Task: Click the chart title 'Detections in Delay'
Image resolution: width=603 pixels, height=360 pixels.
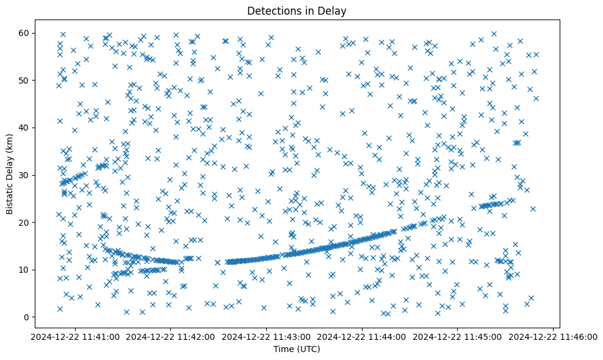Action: pos(296,10)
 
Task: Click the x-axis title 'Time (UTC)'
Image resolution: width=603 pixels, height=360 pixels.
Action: pos(296,349)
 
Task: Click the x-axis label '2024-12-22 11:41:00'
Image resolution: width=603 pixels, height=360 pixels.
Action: pos(75,336)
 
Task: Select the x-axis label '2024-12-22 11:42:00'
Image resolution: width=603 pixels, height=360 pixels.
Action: pos(171,336)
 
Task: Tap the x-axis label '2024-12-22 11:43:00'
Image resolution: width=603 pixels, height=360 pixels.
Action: pos(267,336)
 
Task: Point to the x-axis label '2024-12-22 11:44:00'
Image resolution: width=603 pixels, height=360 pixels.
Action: pos(363,336)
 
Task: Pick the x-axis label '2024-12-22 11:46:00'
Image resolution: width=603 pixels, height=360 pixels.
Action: pos(554,336)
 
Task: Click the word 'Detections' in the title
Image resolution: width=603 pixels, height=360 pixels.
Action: pos(271,10)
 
